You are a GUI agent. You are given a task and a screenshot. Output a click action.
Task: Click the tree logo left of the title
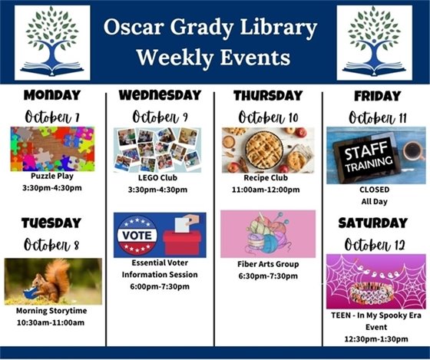52,42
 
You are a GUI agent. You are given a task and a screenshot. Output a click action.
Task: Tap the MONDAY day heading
52,96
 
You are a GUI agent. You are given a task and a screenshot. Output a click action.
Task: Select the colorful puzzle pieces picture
52,149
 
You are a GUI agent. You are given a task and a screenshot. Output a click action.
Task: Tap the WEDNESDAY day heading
160,95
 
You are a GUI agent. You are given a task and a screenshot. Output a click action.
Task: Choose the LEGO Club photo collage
160,148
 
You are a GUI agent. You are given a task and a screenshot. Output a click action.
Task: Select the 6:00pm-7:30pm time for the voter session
160,286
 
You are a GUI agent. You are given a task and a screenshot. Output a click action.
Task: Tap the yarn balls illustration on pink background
266,233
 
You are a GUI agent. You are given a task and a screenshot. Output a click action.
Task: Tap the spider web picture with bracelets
375,280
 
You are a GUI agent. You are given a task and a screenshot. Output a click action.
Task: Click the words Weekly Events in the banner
213,58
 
